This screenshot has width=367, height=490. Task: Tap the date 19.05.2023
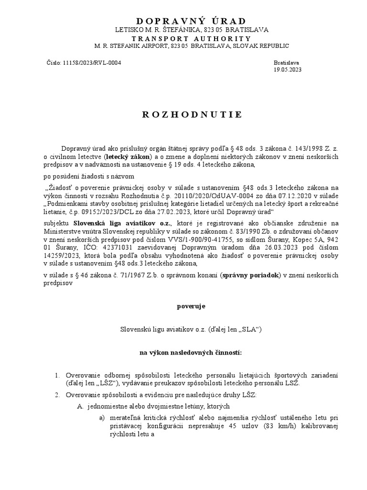pyautogui.click(x=288, y=69)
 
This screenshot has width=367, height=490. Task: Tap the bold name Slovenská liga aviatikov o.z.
pyautogui.click(x=115, y=223)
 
